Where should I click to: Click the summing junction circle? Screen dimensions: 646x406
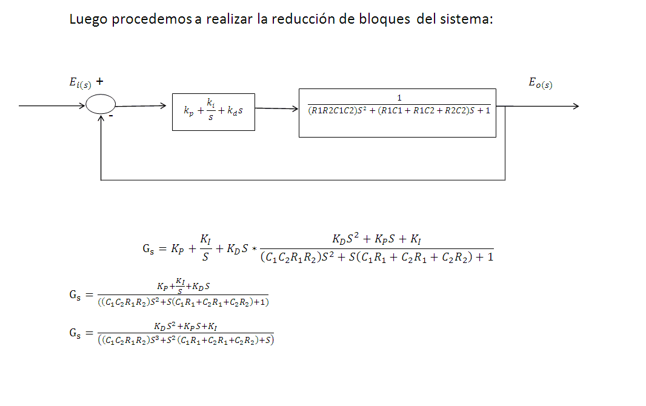pyautogui.click(x=101, y=105)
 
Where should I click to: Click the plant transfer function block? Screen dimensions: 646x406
pyautogui.click(x=397, y=113)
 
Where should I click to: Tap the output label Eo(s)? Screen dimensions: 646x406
pyautogui.click(x=540, y=84)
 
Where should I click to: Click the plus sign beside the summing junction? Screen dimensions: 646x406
pyautogui.click(x=100, y=81)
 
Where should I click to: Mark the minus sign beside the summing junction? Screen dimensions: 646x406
pyautogui.click(x=119, y=115)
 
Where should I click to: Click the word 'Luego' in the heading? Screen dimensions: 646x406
pyautogui.click(x=88, y=19)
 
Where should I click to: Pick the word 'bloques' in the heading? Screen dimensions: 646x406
pyautogui.click(x=385, y=19)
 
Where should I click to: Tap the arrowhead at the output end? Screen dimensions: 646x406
pyautogui.click(x=575, y=107)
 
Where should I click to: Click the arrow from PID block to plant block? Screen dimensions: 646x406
pyautogui.click(x=277, y=109)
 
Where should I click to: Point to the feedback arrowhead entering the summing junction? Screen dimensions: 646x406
pyautogui.click(x=101, y=118)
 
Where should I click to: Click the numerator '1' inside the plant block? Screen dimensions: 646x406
pyautogui.click(x=399, y=98)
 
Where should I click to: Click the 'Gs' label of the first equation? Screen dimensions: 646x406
pyautogui.click(x=148, y=248)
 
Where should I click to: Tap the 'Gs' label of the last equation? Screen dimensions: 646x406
pyautogui.click(x=75, y=333)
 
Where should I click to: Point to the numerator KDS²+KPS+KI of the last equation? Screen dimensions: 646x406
pyautogui.click(x=185, y=327)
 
